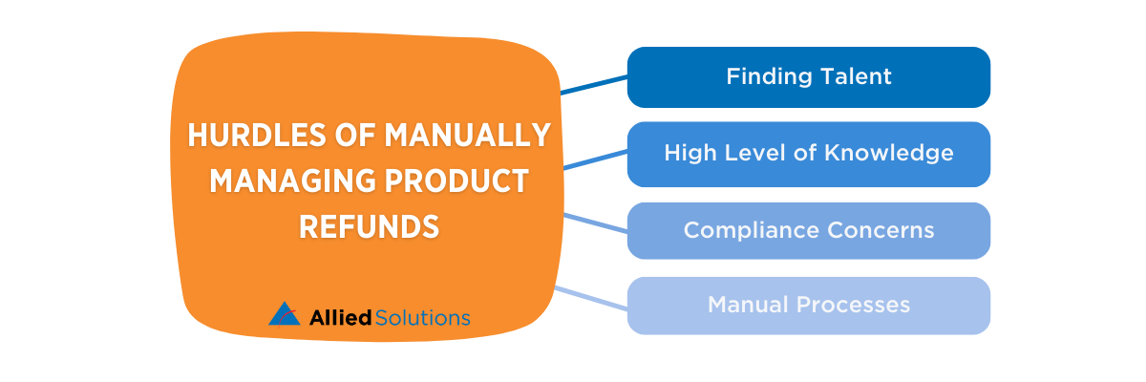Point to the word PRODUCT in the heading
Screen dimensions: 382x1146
[450, 181]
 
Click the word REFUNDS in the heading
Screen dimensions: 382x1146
[369, 227]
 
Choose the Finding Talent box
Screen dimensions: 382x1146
[808, 77]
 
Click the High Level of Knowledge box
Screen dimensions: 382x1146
[808, 153]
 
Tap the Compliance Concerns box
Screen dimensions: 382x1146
[808, 230]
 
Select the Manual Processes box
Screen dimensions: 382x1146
[808, 306]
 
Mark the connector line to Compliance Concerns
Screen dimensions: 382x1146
[595, 223]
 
